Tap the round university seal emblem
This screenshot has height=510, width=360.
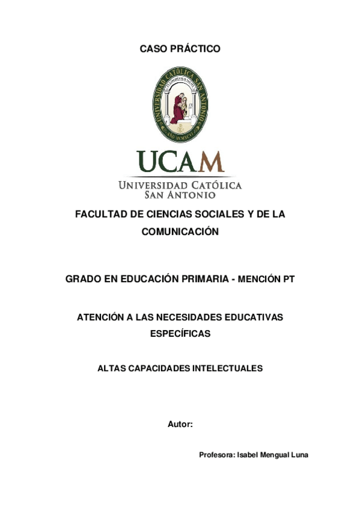pos(180,104)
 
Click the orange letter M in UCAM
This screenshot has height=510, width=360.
pos(211,161)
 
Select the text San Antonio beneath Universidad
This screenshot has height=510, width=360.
pos(180,195)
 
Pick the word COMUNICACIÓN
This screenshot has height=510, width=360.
pos(180,232)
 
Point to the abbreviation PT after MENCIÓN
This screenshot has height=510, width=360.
pos(288,279)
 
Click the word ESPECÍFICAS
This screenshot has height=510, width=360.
pos(180,334)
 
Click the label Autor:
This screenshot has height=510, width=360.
pos(180,424)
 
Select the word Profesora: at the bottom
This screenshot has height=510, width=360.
pos(218,455)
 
